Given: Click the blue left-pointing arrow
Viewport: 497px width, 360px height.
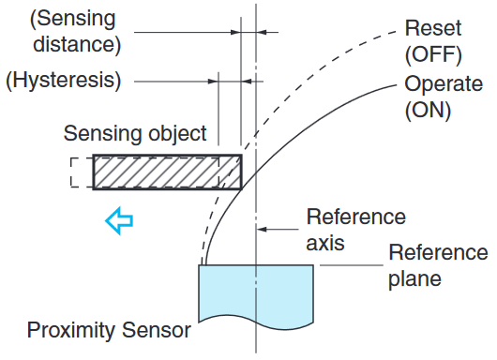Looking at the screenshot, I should tap(119, 221).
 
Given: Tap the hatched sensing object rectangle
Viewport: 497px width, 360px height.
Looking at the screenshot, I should tap(166, 172).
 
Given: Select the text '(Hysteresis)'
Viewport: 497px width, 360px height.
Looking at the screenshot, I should tap(64, 81).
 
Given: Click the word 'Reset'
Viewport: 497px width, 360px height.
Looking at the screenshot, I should tap(430, 28).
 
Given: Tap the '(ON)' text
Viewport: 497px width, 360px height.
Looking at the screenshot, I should tap(428, 110).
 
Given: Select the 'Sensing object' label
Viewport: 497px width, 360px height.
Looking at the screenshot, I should tap(135, 134).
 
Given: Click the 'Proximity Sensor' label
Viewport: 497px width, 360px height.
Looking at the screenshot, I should tap(109, 330).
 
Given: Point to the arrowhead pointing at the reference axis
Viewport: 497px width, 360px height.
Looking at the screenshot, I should tap(264, 228).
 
